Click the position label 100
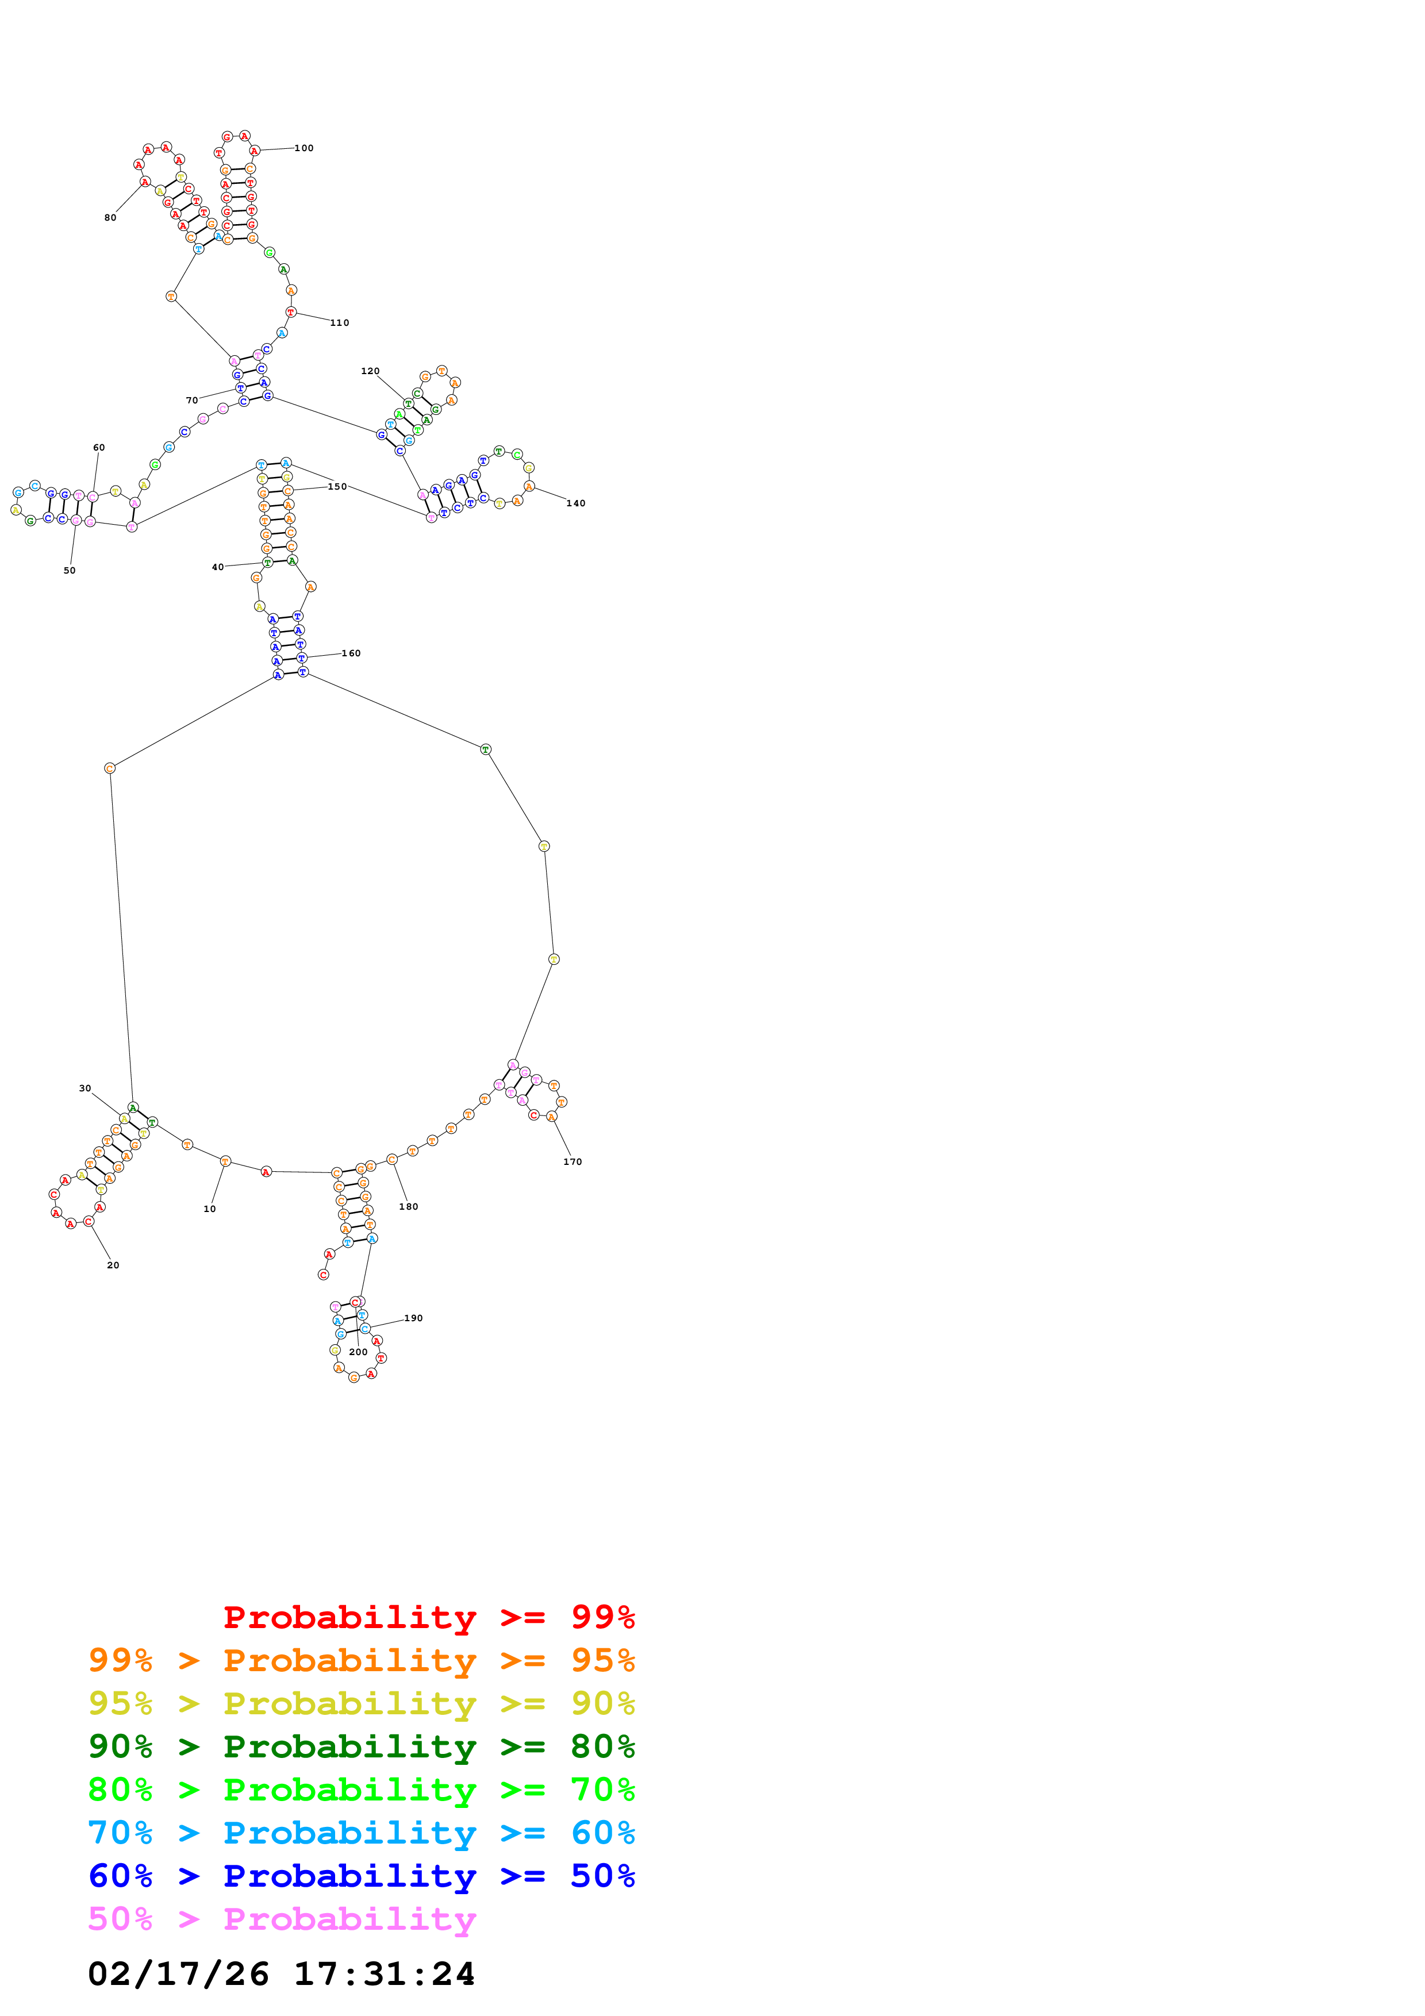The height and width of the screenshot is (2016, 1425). (x=304, y=148)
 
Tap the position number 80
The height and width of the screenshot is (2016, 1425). (x=110, y=218)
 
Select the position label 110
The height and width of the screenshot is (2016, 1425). (x=340, y=323)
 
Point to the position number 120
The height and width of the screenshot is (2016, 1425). (x=371, y=371)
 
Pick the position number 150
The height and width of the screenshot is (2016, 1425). (x=337, y=486)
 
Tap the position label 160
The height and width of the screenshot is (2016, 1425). (x=351, y=653)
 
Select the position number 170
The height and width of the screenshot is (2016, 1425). (x=573, y=1161)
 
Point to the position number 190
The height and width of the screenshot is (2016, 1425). (x=413, y=1318)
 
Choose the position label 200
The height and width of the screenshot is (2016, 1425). (x=358, y=1352)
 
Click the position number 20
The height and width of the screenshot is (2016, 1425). (x=113, y=1265)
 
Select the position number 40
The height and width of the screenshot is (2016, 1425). (x=218, y=567)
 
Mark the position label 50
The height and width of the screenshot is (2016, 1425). (x=70, y=571)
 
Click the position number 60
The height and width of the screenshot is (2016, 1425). (x=99, y=448)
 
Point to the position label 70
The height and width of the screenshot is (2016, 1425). (x=191, y=401)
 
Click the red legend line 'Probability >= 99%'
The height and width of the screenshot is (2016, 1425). (x=428, y=1617)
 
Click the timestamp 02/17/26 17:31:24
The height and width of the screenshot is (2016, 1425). (x=281, y=1974)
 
